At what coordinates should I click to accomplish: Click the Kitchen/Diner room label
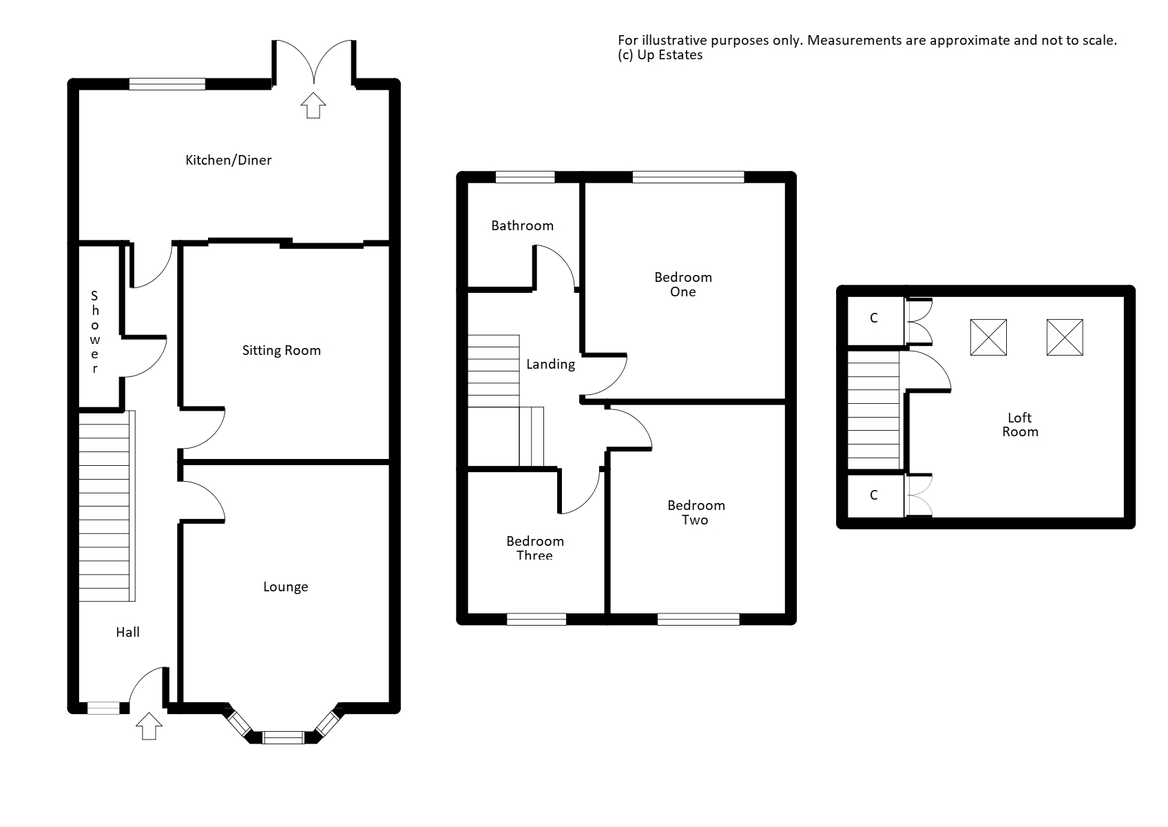pos(229,160)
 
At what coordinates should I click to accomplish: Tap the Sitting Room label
pos(281,351)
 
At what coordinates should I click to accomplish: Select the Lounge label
pos(285,587)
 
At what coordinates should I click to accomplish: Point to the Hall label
pos(128,633)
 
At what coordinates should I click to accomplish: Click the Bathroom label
pos(523,226)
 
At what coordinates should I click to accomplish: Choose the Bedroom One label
pos(683,285)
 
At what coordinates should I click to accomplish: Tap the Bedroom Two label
pos(696,512)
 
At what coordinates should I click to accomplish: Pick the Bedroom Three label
pos(535,548)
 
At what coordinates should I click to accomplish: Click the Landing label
pos(551,365)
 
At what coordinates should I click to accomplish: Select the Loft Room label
pos(1020,425)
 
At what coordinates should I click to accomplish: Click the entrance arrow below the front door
pos(149,726)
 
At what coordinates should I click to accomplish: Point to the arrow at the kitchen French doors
pos(313,105)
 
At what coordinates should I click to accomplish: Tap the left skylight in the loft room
pos(988,338)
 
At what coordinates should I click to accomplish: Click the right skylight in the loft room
pos(1065,338)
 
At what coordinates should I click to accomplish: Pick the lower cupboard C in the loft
pos(875,496)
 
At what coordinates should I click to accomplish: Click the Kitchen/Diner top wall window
pos(167,84)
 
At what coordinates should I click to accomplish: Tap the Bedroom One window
pos(688,177)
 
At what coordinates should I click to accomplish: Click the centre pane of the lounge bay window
pos(283,738)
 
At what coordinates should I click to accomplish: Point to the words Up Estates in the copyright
pos(669,55)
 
